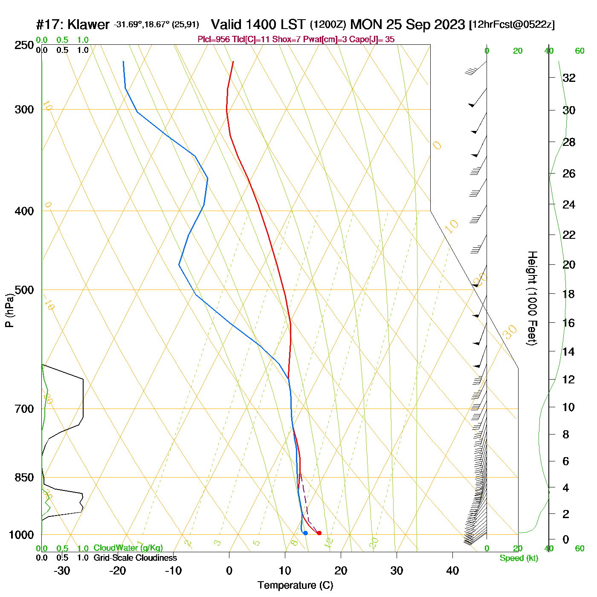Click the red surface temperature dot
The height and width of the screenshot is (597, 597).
tap(319, 533)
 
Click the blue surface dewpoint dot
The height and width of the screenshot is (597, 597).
tap(305, 533)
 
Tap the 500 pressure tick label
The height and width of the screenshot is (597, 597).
tap(24, 290)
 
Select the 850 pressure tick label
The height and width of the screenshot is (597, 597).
tap(24, 477)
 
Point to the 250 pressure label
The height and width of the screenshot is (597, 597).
tap(24, 45)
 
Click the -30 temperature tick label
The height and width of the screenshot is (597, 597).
tap(62, 571)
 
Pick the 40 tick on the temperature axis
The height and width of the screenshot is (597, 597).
tap(452, 571)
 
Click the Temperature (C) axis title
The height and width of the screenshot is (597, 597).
tap(295, 585)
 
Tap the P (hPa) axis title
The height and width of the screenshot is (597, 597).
tap(9, 310)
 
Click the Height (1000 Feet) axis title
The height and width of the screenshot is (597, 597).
tap(532, 298)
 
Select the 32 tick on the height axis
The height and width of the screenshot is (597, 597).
tap(569, 78)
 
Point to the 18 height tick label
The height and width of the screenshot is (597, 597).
tap(569, 294)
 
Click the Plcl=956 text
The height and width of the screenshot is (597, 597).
tap(214, 40)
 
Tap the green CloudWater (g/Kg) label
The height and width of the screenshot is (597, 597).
tap(128, 548)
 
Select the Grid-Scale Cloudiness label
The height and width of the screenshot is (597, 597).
tap(135, 558)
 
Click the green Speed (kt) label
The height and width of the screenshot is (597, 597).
tap(519, 558)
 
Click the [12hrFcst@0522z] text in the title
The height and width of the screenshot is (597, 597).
tap(512, 25)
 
